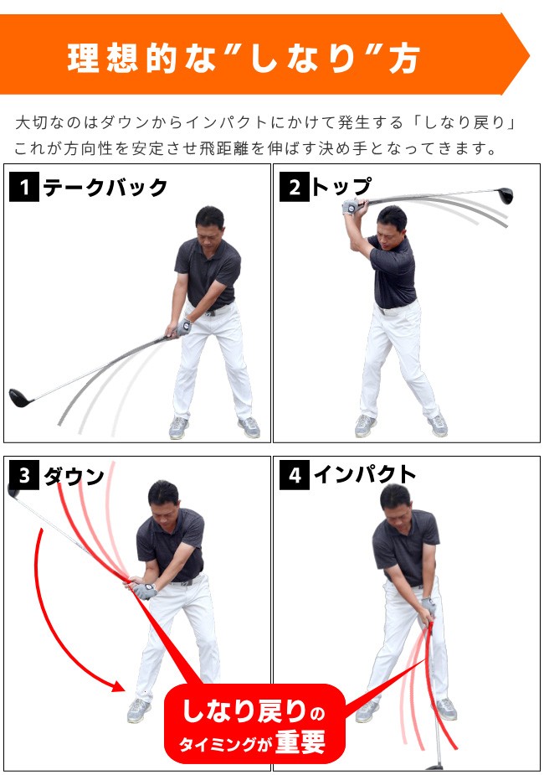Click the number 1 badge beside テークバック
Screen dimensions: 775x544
point(23,188)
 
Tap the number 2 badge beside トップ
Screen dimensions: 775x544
point(294,188)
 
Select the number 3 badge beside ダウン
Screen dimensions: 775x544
point(23,476)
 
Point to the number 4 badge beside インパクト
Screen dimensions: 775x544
point(294,476)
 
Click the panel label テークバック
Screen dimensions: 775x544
point(105,188)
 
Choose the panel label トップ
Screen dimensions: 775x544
point(341,188)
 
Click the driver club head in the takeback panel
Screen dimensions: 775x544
point(20,396)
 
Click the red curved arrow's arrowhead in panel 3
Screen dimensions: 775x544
point(120,685)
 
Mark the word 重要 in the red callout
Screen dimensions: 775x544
point(300,742)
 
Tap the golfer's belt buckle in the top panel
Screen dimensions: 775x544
point(384,309)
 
